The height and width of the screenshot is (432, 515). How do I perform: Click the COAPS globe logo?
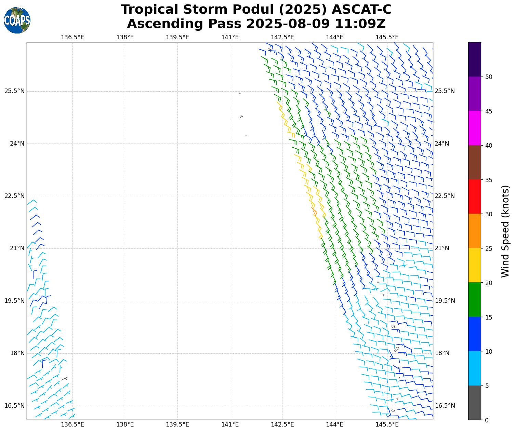[17, 20]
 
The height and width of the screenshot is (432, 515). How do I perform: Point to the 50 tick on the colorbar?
[489, 77]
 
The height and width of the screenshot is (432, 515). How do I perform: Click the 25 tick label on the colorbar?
[489, 248]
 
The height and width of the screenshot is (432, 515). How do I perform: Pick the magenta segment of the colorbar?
[475, 128]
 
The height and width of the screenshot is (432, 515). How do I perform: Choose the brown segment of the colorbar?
[475, 162]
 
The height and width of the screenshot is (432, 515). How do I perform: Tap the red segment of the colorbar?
[475, 197]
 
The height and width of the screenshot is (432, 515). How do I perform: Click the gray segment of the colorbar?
[475, 403]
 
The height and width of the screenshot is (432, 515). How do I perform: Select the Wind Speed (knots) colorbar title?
[505, 231]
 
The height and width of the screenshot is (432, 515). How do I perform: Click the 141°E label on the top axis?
[230, 37]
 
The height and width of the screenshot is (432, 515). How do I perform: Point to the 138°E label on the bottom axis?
[125, 424]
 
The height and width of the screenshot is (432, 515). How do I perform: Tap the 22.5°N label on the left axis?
[14, 196]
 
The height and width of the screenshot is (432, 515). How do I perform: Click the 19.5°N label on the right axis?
[445, 301]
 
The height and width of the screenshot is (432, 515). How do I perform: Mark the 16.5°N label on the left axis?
[14, 406]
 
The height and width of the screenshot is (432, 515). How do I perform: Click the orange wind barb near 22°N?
[314, 212]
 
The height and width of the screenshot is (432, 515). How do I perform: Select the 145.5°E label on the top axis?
[387, 37]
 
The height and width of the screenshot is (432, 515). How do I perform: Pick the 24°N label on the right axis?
[442, 144]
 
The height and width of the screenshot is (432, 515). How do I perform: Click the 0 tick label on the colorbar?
[487, 420]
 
